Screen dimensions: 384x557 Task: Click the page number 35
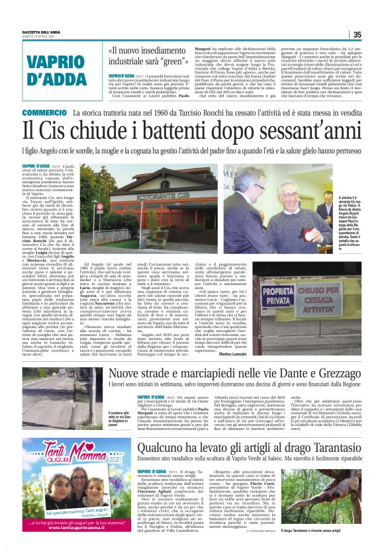(356, 35)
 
